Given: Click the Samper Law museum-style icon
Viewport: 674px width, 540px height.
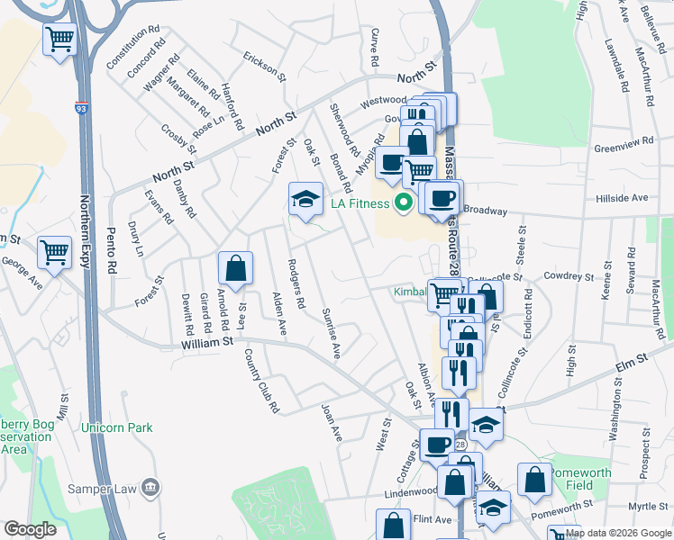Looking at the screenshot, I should click(150, 489).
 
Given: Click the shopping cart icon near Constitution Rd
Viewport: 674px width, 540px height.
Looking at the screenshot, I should click(59, 39).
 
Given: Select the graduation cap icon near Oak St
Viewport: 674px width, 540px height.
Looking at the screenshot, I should click(305, 199).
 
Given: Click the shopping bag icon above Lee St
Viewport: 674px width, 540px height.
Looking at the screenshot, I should click(235, 267).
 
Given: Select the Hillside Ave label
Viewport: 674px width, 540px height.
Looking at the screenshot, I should click(622, 197).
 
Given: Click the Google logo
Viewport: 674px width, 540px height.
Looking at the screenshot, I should click(30, 529).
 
